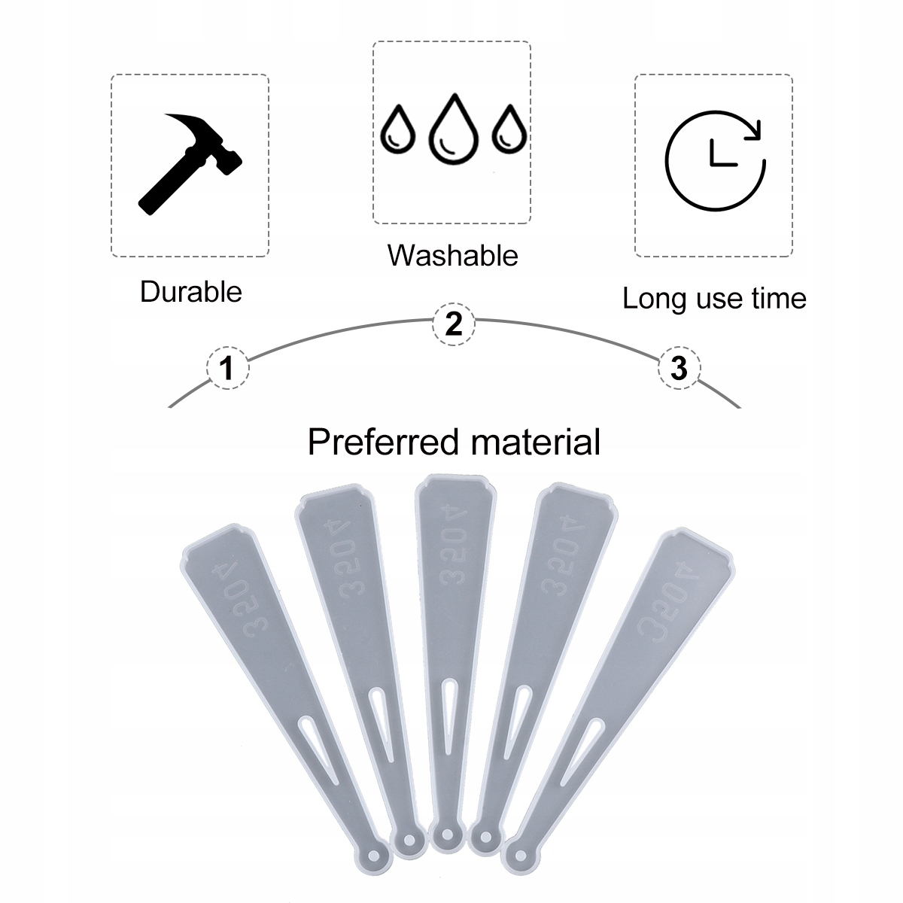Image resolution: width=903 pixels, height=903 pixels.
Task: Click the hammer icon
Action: [x=190, y=161]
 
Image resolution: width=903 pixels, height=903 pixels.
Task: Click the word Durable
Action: [x=191, y=292]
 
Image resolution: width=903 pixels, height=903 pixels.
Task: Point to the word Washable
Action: [x=453, y=256]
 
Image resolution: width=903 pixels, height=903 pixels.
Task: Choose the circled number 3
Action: [x=678, y=369]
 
